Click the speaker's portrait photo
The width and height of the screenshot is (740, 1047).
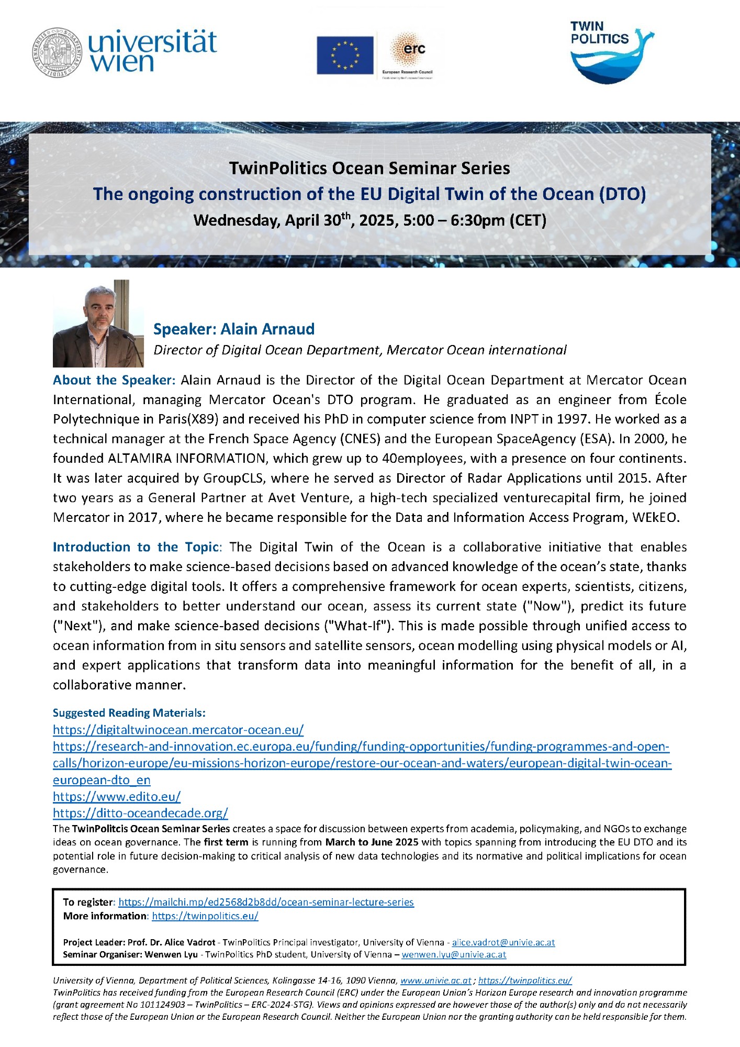pos(98,324)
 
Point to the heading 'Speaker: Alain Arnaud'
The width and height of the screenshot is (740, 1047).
pos(233,329)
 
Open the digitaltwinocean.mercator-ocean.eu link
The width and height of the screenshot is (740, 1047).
pos(178,730)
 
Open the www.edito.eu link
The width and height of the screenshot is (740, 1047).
pos(117,797)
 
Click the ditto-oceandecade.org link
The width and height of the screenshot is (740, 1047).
pos(140,814)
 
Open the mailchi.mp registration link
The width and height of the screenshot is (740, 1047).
pos(266,903)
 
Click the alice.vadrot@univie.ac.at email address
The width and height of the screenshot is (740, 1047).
pos(503,942)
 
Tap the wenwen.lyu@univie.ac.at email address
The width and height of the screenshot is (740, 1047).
pos(454,954)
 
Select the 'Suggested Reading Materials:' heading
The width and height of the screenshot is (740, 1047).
pos(129,713)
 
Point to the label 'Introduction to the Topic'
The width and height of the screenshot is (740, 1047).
pos(136,547)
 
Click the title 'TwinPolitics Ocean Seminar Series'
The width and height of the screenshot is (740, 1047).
pos(369,169)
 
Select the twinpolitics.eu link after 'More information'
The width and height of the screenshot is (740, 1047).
pos(205,916)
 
